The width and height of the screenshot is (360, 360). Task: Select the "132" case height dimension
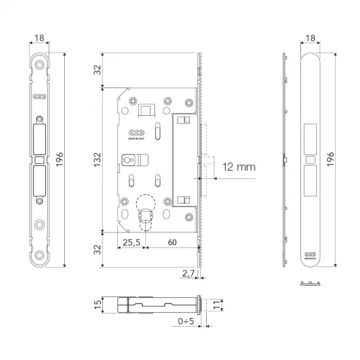[x=97, y=159]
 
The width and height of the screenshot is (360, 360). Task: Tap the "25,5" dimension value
[x=132, y=242]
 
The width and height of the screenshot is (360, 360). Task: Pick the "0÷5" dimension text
[x=188, y=321]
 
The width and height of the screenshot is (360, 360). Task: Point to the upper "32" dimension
[x=97, y=69]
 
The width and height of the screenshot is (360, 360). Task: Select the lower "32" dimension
[x=97, y=249]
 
